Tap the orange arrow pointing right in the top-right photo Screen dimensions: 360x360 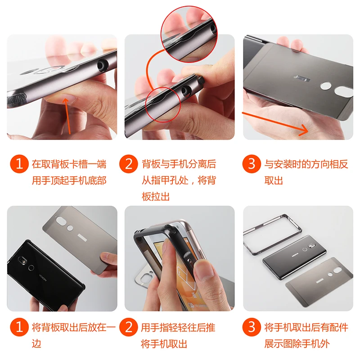click(x=275, y=123)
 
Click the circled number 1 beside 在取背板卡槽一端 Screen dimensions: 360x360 click(x=19, y=164)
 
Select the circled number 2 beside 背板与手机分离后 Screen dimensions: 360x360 click(x=129, y=164)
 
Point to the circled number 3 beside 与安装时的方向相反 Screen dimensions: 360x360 click(x=252, y=164)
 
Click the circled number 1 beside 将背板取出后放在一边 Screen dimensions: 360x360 click(x=19, y=327)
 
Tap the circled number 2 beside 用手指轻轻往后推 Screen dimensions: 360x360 click(x=129, y=327)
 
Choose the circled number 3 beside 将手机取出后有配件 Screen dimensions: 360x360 click(x=252, y=327)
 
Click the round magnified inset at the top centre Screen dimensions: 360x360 click(x=189, y=34)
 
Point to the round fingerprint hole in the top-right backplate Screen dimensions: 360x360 click(x=326, y=86)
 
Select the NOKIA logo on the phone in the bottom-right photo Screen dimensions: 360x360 click(x=295, y=254)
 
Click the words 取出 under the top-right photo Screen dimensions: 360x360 click(x=274, y=180)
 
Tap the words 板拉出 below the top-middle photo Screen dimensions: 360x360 click(x=156, y=197)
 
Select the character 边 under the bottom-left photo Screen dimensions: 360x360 click(x=36, y=344)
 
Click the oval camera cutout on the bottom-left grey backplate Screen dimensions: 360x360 click(x=61, y=221)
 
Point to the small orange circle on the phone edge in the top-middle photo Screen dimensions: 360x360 click(x=163, y=105)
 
